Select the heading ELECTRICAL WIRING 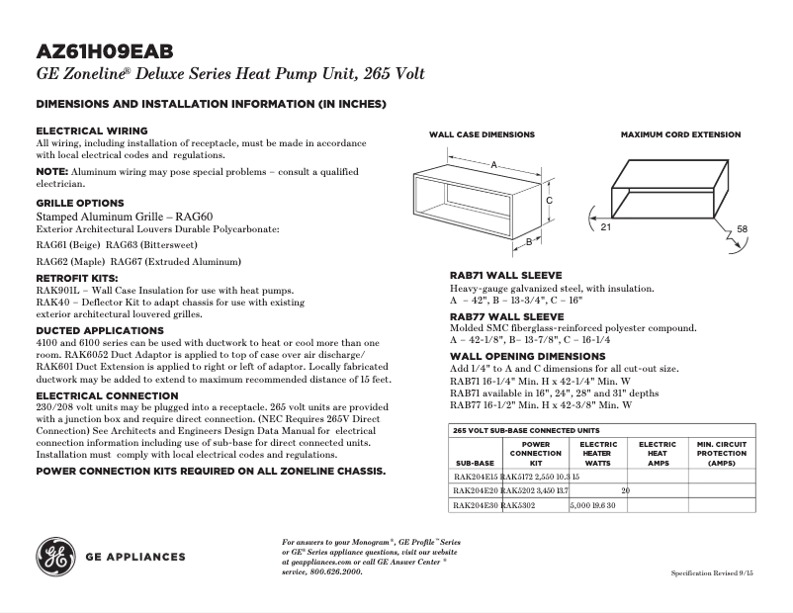click(x=92, y=131)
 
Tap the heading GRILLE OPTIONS click(x=80, y=203)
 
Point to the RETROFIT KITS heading click(x=77, y=279)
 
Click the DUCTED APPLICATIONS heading click(x=100, y=330)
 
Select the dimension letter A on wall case click(x=492, y=165)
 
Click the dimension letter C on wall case click(x=549, y=199)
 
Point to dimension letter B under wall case click(x=529, y=240)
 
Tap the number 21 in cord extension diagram click(x=605, y=227)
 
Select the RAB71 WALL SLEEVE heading click(x=506, y=275)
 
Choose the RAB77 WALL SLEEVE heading click(x=506, y=316)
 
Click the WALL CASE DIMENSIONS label click(x=482, y=134)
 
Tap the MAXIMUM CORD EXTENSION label click(x=680, y=134)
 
